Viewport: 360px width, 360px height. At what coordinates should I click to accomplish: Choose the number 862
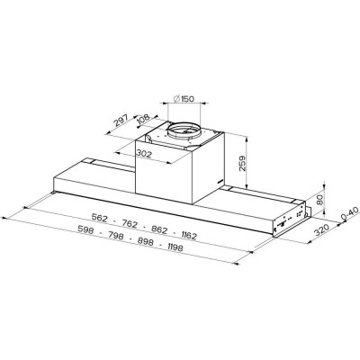[159, 228]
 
